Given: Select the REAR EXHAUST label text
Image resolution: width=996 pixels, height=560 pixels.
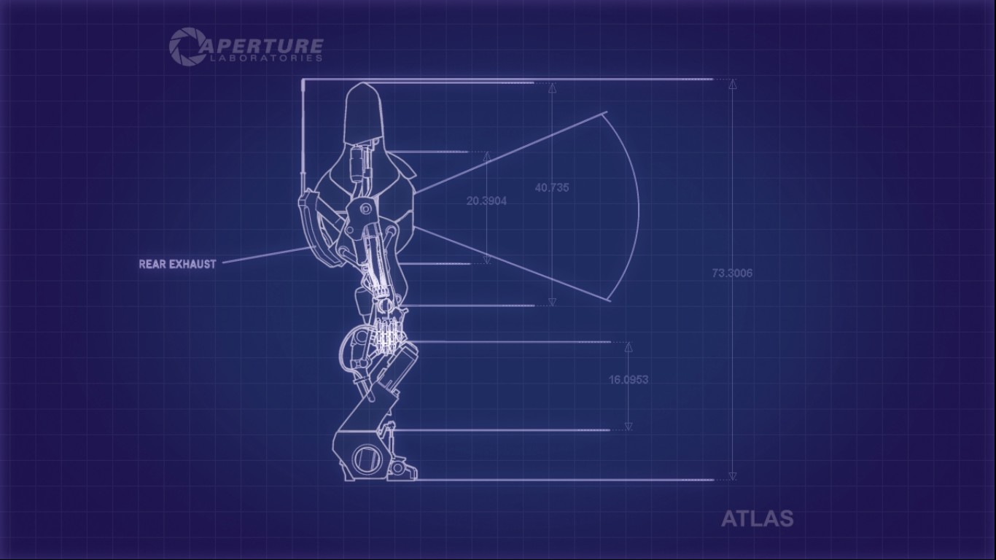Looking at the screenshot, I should pyautogui.click(x=177, y=264).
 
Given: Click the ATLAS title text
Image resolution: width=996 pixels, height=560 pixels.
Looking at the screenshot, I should pyautogui.click(x=757, y=518).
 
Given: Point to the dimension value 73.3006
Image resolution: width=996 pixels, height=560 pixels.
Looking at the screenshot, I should pyautogui.click(x=732, y=273).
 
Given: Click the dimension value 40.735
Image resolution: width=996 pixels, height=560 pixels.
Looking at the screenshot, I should pyautogui.click(x=552, y=187).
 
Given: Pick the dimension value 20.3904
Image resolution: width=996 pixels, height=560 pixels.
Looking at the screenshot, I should pyautogui.click(x=486, y=201).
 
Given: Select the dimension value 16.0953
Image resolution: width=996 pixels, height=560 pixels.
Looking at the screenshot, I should pyautogui.click(x=629, y=379).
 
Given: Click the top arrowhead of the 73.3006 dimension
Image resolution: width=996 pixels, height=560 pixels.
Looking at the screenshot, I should pyautogui.click(x=733, y=84).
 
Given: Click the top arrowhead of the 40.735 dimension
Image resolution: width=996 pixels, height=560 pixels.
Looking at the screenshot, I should pyautogui.click(x=552, y=88).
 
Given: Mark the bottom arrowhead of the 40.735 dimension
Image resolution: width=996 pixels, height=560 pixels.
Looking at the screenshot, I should pyautogui.click(x=552, y=301).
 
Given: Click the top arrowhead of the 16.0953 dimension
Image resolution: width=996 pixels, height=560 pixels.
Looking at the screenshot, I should pyautogui.click(x=629, y=346).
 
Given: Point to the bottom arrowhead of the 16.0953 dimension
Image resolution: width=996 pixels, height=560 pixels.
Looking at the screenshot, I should pyautogui.click(x=629, y=426).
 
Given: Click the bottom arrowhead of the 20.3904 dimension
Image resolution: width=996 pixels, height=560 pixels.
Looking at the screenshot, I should pyautogui.click(x=486, y=259).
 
